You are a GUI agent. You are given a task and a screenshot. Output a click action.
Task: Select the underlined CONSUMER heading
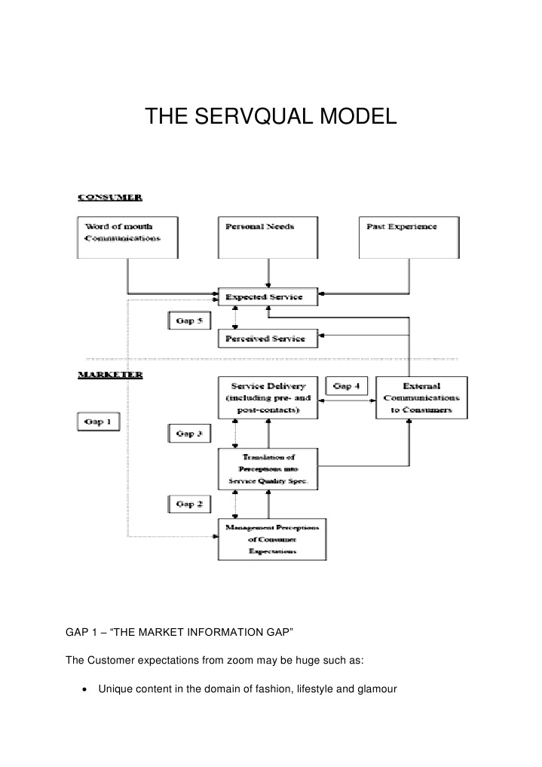click(112, 198)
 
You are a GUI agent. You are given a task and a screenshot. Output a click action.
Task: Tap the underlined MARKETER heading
click(111, 374)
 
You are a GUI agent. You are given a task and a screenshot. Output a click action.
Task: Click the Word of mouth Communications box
click(128, 237)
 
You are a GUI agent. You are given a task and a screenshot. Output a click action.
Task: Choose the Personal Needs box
click(266, 237)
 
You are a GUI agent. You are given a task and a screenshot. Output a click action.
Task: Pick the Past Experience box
click(407, 237)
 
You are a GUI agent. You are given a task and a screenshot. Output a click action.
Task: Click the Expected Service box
click(268, 297)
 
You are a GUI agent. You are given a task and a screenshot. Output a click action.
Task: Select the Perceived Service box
click(268, 339)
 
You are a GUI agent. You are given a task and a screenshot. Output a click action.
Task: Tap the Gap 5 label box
click(189, 321)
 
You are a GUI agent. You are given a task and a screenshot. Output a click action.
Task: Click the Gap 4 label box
click(347, 386)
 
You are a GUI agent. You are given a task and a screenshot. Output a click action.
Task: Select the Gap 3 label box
click(189, 434)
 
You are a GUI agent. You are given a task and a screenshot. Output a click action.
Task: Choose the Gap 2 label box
click(189, 503)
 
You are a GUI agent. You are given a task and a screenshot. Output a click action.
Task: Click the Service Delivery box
click(268, 397)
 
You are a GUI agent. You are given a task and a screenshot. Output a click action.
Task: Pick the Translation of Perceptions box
click(268, 468)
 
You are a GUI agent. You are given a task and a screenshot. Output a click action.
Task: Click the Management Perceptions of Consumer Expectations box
click(272, 539)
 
